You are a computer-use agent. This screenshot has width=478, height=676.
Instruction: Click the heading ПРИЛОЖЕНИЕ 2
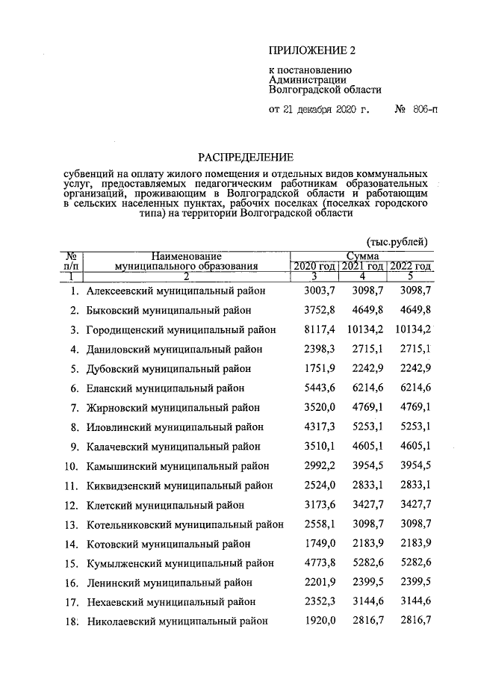tap(314, 51)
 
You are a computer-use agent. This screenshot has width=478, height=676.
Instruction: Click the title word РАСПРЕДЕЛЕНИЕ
tap(246, 157)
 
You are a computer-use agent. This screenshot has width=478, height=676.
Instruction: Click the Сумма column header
tap(362, 255)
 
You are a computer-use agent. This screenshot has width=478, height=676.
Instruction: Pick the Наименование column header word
tap(186, 255)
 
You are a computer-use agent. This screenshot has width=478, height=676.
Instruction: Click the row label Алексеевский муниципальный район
tap(175, 290)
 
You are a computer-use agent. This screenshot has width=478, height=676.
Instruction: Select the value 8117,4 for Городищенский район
tap(309, 329)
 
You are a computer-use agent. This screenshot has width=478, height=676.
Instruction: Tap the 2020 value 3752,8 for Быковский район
tap(309, 309)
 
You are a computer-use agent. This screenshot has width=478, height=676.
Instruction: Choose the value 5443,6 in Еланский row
tap(309, 388)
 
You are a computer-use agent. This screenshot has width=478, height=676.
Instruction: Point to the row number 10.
tap(72, 465)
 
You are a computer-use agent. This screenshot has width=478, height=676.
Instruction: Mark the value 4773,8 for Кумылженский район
tap(309, 562)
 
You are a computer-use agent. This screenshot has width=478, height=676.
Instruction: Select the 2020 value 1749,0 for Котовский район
tap(309, 543)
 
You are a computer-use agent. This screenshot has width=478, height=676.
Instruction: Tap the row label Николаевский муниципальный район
tap(177, 621)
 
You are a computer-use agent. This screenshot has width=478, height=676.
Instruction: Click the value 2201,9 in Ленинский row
tap(309, 582)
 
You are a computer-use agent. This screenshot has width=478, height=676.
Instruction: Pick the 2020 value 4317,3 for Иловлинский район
tap(309, 427)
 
